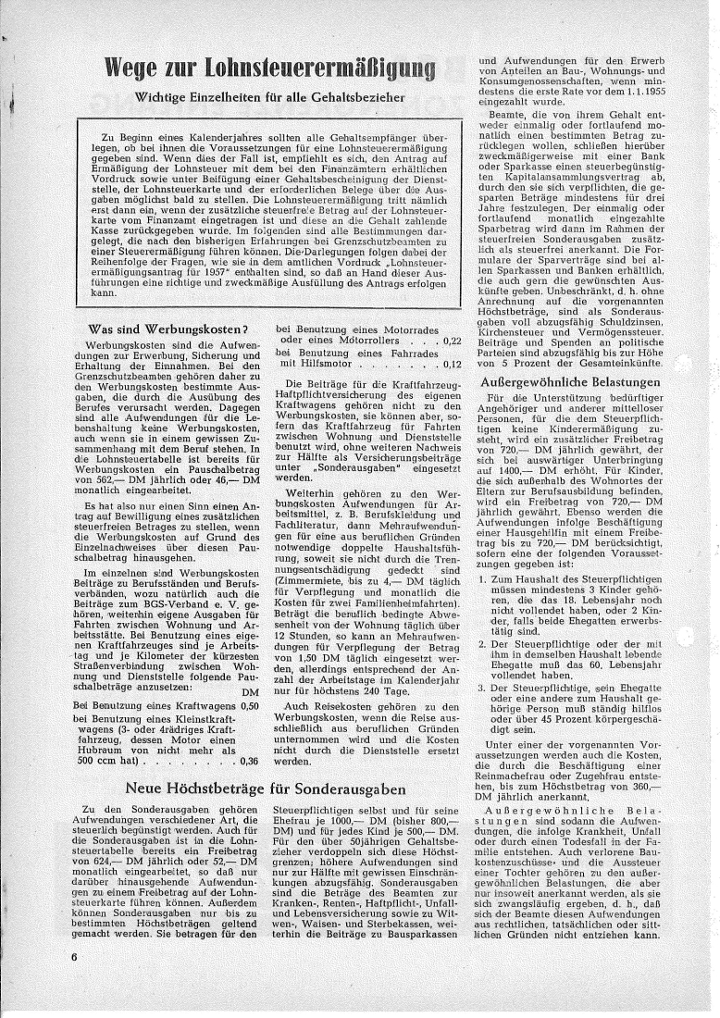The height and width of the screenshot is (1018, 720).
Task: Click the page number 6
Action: point(71,956)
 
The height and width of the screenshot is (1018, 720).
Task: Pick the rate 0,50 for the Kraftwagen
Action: point(247,707)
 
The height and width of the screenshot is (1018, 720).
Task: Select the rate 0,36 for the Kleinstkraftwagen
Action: point(247,762)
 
